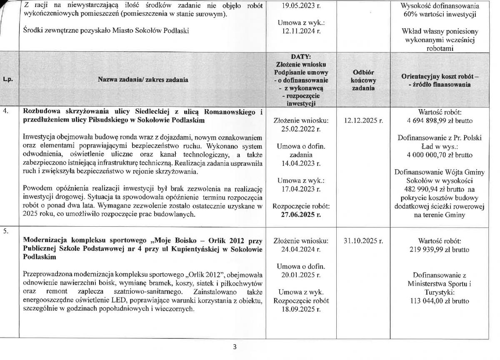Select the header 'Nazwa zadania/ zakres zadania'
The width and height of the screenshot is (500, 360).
[x=142, y=79]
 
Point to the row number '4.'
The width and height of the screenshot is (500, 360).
[x=6, y=111]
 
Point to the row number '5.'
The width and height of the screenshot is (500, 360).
[x=6, y=232]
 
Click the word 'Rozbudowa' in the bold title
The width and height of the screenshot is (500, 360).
[x=42, y=111]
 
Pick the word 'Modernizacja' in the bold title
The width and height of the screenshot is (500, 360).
[x=47, y=241]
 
